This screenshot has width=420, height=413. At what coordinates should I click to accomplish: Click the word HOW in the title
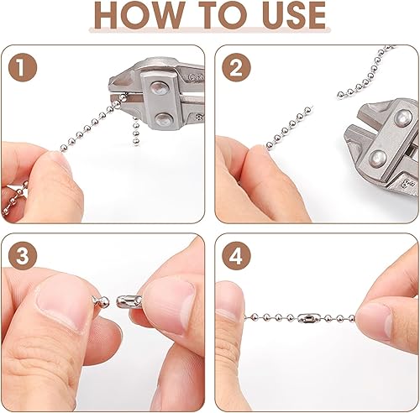139,15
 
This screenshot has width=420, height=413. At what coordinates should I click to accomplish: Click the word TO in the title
224,15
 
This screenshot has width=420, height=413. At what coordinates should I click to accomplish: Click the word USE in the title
294,15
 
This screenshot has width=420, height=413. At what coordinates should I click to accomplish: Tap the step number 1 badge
23,67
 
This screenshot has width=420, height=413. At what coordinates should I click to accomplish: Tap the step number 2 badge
236,67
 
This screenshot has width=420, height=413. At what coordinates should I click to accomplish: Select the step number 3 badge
23,256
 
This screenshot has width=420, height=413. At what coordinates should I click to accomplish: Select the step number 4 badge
236,256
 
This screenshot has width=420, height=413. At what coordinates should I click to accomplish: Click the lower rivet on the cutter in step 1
164,119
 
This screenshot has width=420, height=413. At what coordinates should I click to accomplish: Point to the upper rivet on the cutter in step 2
402,118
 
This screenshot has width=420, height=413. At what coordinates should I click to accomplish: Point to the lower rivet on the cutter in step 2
377,158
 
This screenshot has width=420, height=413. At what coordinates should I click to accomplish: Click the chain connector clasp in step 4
307,318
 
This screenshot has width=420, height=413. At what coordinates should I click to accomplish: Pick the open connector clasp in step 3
129,301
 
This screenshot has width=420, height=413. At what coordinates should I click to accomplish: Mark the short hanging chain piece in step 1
136,132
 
